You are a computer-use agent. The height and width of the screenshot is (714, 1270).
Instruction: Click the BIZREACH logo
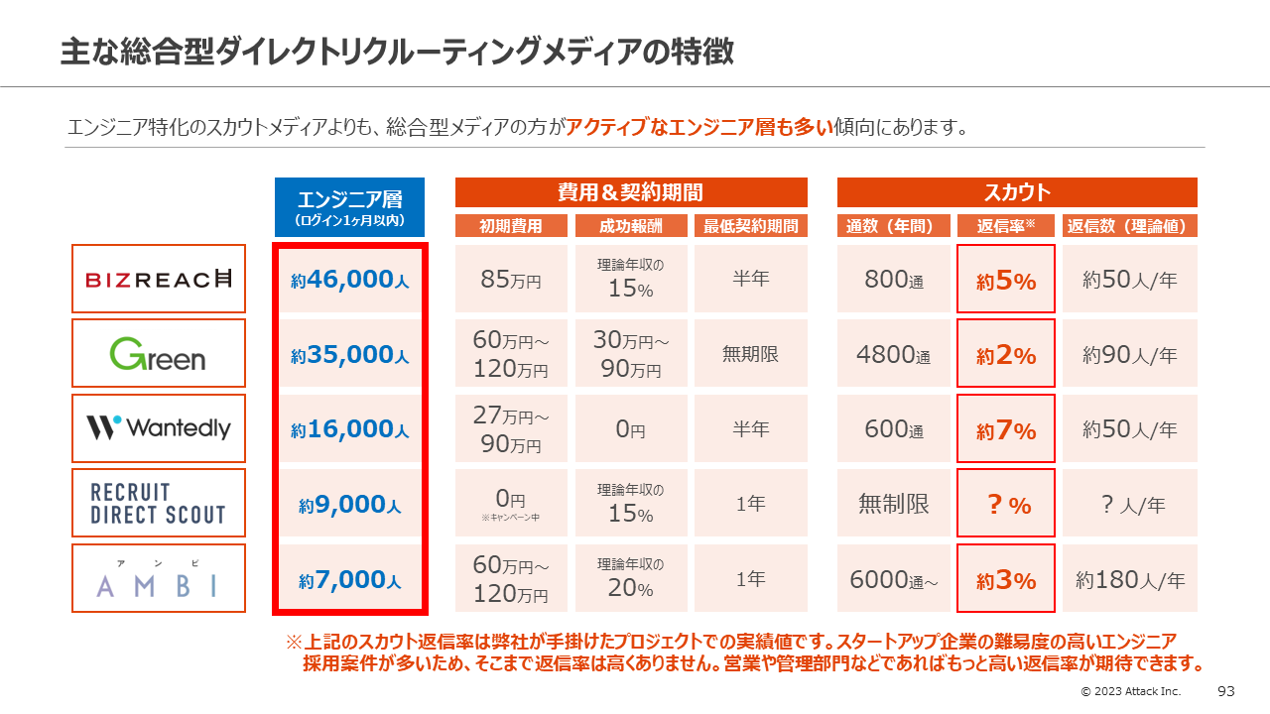159,279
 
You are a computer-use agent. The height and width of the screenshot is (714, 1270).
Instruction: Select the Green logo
159,353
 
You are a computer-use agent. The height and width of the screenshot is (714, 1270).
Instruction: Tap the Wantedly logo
159,428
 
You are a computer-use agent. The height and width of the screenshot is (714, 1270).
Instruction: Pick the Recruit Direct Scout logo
159,503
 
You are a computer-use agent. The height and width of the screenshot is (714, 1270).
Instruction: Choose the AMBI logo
159,578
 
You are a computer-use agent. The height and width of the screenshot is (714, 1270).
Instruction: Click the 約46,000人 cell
349,280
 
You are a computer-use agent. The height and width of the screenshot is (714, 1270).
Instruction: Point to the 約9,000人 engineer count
349,505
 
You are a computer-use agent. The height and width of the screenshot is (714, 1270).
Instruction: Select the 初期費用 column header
511,226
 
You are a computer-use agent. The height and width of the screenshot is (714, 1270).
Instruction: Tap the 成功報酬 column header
630,226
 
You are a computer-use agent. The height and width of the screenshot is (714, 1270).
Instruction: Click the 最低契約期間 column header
751,226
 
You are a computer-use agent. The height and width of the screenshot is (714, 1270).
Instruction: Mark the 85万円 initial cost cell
511,280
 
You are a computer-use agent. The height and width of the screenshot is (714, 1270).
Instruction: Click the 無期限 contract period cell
751,353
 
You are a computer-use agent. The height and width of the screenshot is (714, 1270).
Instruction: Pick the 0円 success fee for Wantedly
630,429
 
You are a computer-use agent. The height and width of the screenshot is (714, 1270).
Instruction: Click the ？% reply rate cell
1006,505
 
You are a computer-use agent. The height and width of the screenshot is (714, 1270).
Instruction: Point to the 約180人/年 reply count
1130,579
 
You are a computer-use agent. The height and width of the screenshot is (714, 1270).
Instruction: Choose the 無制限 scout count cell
894,504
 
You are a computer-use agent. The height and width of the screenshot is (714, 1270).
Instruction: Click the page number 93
1225,690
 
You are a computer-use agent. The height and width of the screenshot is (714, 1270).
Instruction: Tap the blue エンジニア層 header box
349,207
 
